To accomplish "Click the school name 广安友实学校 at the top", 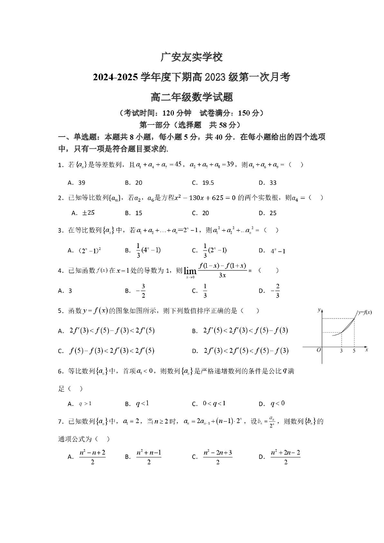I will click(192, 57).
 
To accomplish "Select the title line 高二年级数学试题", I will click(192, 97).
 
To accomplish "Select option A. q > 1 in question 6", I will click(80, 403).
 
